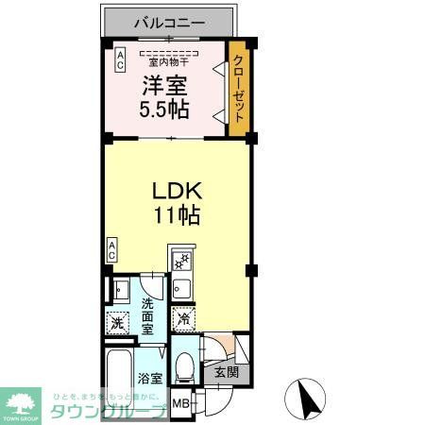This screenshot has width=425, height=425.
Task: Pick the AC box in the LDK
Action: click(111, 250)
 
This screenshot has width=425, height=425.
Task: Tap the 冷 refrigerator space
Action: click(184, 319)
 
